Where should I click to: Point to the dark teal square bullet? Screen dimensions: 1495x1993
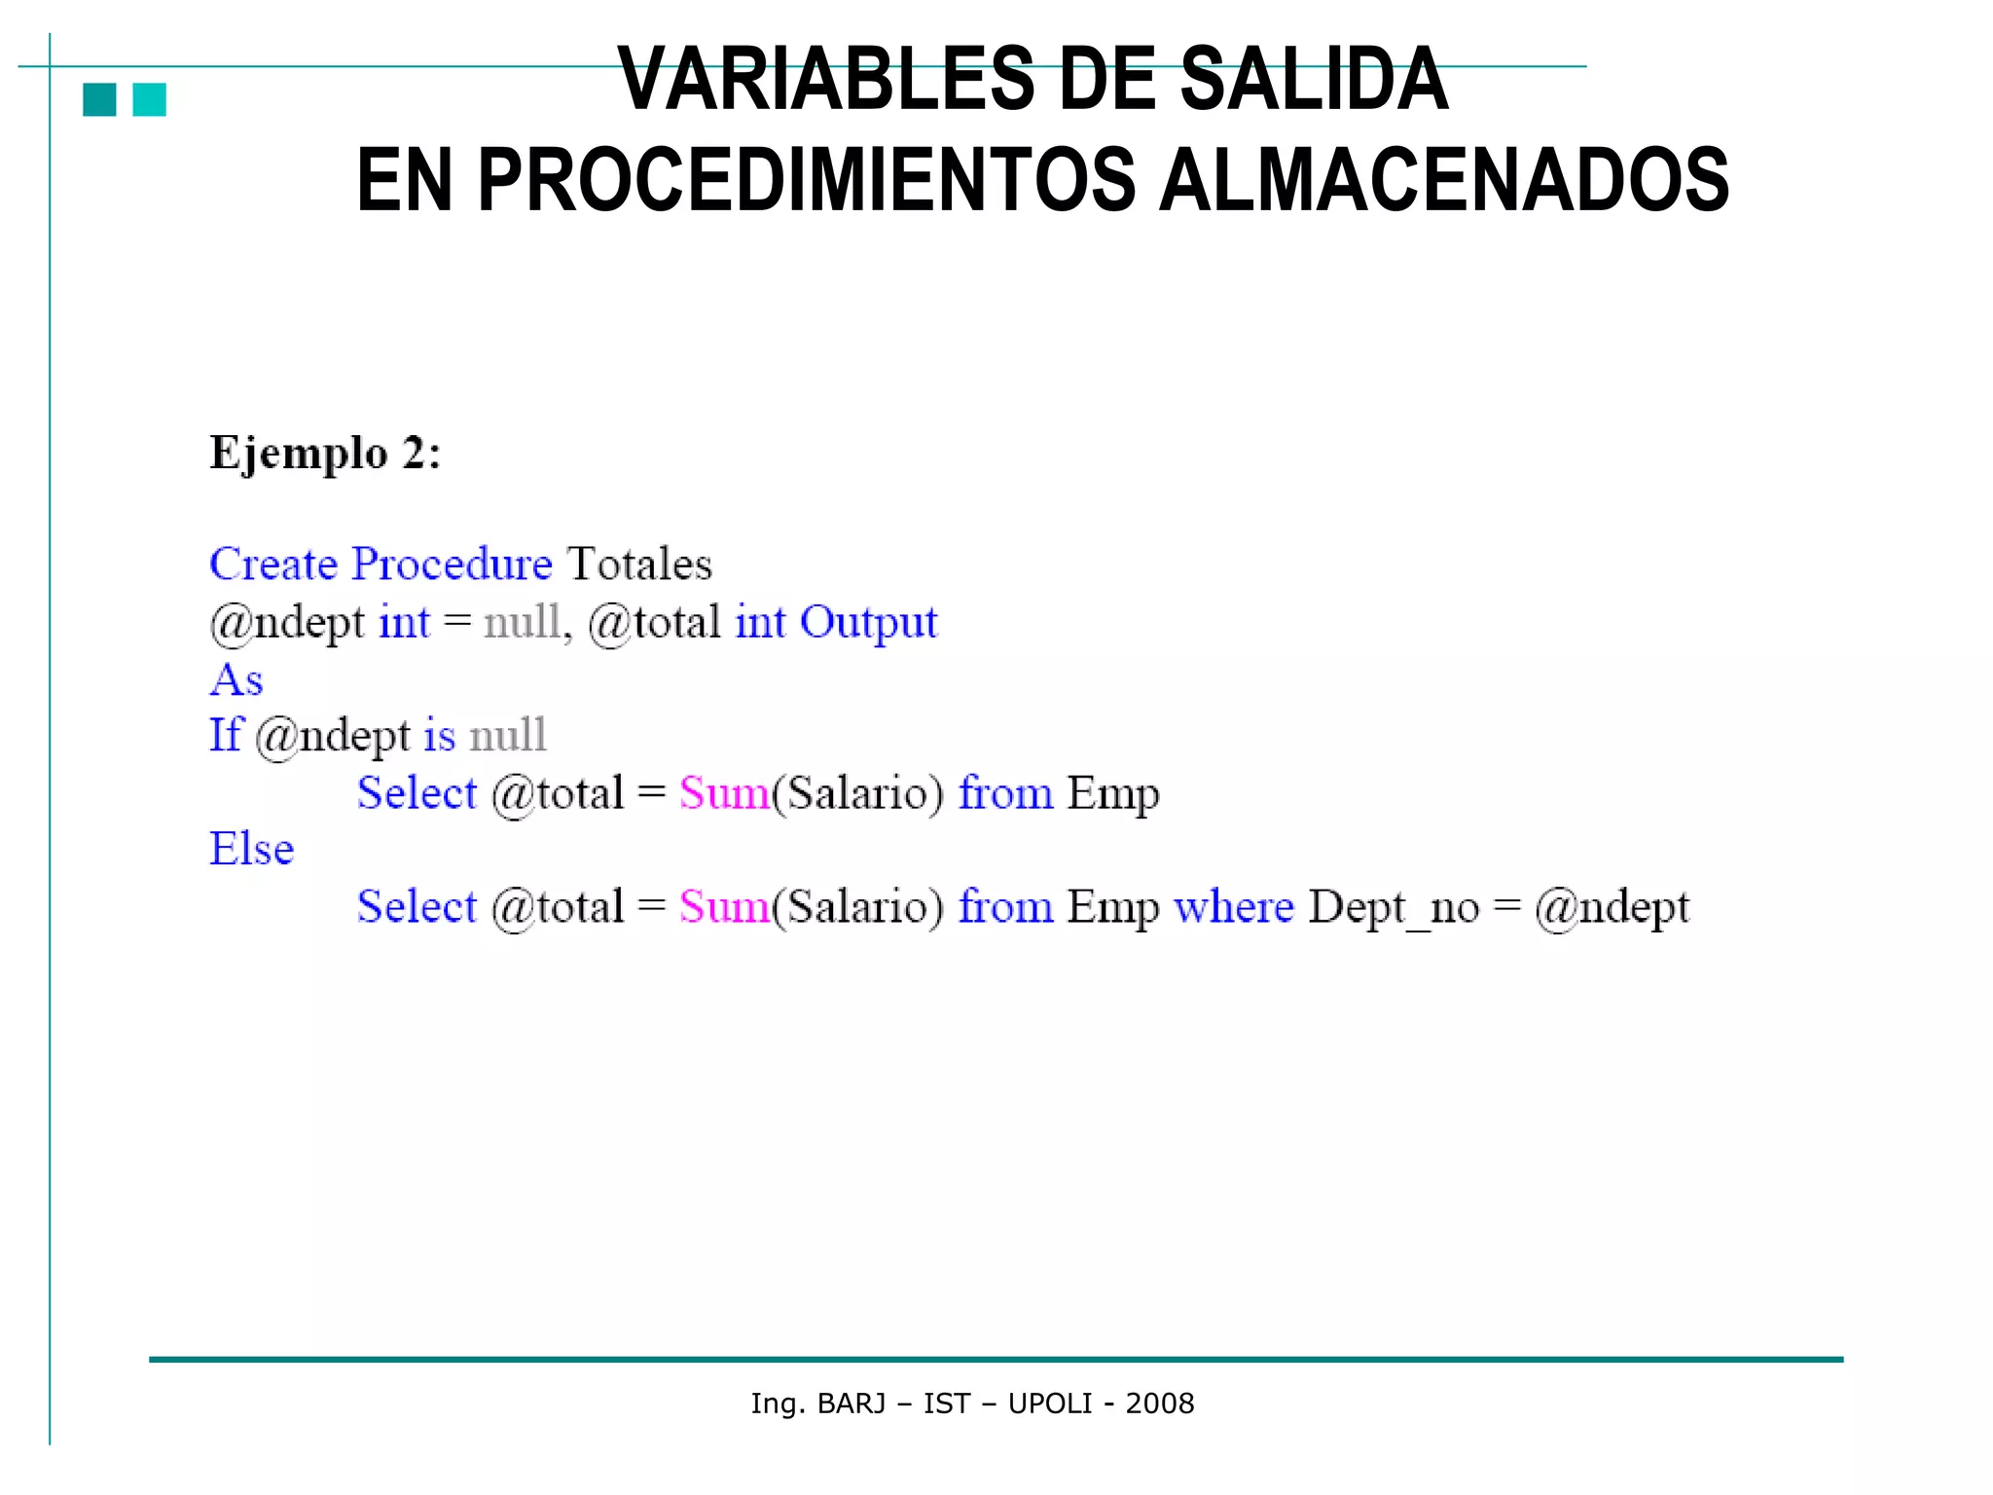99,99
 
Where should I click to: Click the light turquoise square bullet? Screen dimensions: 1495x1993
149,99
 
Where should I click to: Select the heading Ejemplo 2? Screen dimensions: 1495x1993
325,454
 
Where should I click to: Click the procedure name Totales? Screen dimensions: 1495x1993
639,565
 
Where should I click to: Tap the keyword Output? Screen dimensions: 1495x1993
868,623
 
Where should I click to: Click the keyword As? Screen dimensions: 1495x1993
236,679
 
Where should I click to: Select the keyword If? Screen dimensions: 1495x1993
225,735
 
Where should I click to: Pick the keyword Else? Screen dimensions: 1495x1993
251,849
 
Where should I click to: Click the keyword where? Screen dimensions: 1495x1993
1233,907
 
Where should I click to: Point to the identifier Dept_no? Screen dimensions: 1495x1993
1394,908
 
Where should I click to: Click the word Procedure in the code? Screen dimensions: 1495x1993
452,565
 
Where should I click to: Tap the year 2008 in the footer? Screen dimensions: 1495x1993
1159,1404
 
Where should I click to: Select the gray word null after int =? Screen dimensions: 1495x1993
523,623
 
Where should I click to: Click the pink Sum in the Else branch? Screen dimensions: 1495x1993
724,907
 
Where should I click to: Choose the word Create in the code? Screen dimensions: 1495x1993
273,565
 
